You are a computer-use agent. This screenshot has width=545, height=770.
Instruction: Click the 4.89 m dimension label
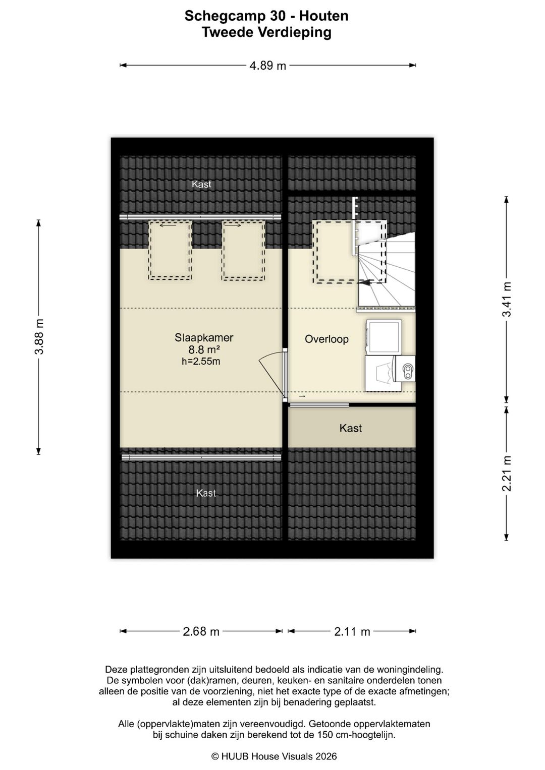(x=267, y=66)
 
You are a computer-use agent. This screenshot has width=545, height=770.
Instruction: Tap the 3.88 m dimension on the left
(x=39, y=336)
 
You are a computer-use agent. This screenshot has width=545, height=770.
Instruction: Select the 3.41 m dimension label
(x=506, y=299)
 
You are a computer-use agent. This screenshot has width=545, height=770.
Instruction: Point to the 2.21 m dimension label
(x=506, y=473)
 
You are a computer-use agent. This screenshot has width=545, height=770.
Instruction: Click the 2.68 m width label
(x=201, y=631)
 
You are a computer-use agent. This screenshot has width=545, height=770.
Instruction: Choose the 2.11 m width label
(x=352, y=631)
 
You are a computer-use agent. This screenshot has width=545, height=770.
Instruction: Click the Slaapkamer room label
(x=204, y=337)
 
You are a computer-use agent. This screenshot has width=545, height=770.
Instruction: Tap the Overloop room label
(x=326, y=339)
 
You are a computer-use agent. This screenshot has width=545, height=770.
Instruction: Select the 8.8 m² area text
(x=204, y=350)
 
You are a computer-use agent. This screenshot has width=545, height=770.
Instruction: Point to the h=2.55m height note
(x=201, y=361)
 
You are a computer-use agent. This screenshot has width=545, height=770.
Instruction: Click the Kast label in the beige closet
(x=351, y=428)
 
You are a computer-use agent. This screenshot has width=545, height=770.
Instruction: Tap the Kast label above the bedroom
(x=201, y=184)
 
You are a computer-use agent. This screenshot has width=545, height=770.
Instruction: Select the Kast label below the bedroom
(x=206, y=493)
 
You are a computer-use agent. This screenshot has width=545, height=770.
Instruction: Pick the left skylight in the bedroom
(x=170, y=250)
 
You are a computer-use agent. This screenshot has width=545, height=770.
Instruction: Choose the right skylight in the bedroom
(x=244, y=250)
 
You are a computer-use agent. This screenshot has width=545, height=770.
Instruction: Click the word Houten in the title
(x=324, y=16)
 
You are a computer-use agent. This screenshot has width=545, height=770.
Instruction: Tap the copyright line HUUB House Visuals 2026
(x=274, y=756)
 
